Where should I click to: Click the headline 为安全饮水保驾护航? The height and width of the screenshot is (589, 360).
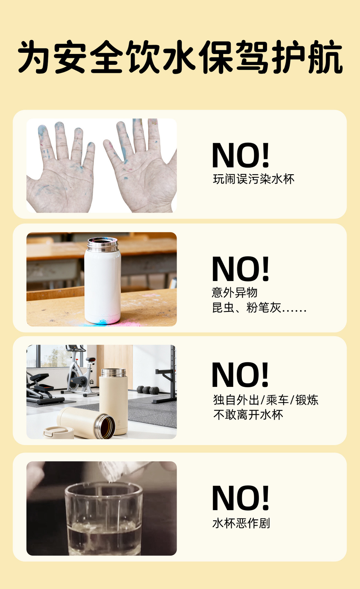click(180, 57)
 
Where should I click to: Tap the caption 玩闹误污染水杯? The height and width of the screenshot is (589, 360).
click(254, 179)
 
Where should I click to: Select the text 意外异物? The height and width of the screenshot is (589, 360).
click(234, 293)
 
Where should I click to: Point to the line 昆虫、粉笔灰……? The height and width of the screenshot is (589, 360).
click(259, 307)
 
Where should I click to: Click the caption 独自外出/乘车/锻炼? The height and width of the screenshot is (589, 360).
click(266, 400)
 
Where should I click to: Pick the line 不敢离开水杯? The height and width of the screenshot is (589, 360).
click(248, 415)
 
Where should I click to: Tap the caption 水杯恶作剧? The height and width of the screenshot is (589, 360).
click(241, 523)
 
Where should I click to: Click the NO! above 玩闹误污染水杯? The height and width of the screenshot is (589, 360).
click(240, 155)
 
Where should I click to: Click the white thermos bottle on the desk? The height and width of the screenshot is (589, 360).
click(103, 280)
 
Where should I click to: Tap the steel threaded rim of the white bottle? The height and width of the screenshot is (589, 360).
click(103, 244)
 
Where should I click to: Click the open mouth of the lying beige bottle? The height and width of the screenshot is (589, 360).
click(105, 426)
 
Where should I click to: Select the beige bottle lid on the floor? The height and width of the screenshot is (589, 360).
click(58, 433)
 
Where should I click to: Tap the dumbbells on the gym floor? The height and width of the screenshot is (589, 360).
click(148, 390)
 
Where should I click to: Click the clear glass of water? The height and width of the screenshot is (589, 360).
click(104, 518)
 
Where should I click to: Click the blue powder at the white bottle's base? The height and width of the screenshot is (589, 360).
click(102, 322)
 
